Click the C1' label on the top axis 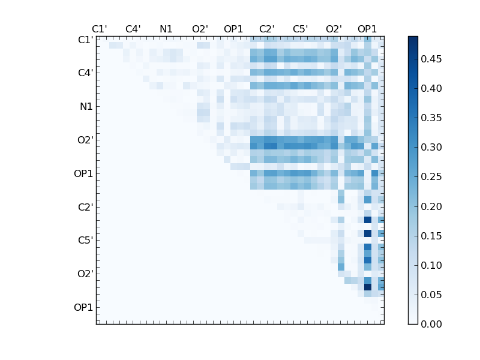(x=100, y=29)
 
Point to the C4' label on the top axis (x=133, y=29)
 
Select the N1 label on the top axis (x=166, y=29)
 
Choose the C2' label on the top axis (x=267, y=29)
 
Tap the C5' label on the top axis (x=300, y=29)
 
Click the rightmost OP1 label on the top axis (x=367, y=29)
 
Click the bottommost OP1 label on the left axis (x=83, y=308)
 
